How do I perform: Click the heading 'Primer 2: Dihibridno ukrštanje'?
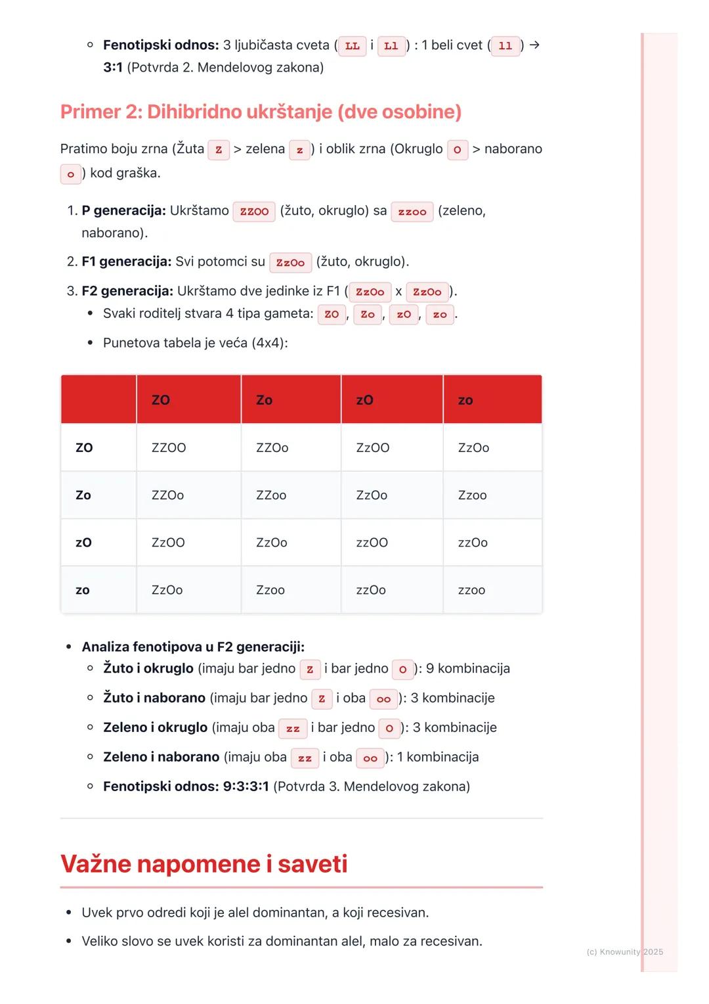pyautogui.click(x=261, y=112)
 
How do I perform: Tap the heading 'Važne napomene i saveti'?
pyautogui.click(x=204, y=863)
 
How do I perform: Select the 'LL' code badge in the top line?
pyautogui.click(x=353, y=46)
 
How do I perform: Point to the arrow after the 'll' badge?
pyautogui.click(x=534, y=45)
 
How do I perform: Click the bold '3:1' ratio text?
pyautogui.click(x=113, y=68)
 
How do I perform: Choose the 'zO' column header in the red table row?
pyautogui.click(x=364, y=400)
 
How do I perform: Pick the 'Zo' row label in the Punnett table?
pyautogui.click(x=83, y=495)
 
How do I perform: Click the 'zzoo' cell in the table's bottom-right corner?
pyautogui.click(x=471, y=590)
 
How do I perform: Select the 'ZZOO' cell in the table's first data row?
pyautogui.click(x=169, y=448)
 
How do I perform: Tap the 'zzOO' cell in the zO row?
pyautogui.click(x=372, y=543)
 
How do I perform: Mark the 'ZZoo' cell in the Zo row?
pyautogui.click(x=271, y=495)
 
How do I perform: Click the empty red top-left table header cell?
pyautogui.click(x=98, y=399)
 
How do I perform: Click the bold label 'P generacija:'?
pyautogui.click(x=123, y=211)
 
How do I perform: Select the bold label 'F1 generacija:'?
pyautogui.click(x=127, y=262)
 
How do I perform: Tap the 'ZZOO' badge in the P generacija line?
pyautogui.click(x=254, y=212)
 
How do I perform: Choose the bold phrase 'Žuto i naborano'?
pyautogui.click(x=154, y=698)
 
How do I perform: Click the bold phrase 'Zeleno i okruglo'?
pyautogui.click(x=156, y=727)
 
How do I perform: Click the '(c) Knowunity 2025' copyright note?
pyautogui.click(x=624, y=952)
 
